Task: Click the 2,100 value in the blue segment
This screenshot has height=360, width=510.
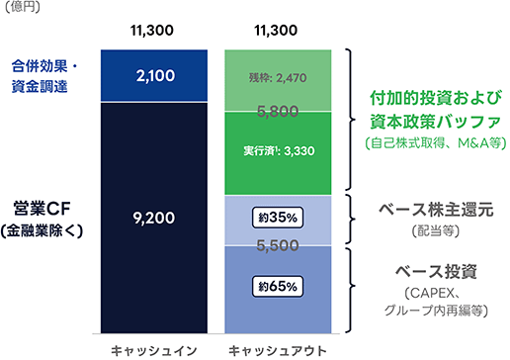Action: [155, 76]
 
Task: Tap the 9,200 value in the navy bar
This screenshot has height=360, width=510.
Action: [154, 218]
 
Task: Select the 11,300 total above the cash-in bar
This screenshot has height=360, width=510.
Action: [152, 31]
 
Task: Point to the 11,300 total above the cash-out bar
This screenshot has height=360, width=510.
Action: [276, 31]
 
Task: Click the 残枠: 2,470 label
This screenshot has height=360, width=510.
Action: [278, 78]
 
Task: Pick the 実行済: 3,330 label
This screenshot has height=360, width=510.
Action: [279, 151]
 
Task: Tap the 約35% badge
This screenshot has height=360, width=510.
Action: [278, 218]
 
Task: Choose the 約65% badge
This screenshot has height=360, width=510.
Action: [278, 286]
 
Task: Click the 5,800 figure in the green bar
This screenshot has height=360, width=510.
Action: [278, 111]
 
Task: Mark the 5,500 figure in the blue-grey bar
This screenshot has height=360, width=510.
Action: [278, 245]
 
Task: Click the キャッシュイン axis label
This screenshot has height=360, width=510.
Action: [154, 351]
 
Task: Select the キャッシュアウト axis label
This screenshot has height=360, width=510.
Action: [278, 351]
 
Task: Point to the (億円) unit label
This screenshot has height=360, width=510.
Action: [22, 6]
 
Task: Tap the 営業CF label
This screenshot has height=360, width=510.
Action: [42, 209]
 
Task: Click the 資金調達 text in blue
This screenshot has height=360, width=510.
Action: [40, 86]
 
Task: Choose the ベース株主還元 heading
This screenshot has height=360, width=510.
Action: [436, 210]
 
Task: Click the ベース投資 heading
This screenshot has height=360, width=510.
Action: [436, 272]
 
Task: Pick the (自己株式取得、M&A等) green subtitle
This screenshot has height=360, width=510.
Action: [436, 143]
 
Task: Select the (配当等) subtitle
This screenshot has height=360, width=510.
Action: [436, 231]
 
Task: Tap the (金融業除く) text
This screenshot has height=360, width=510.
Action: [42, 230]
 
